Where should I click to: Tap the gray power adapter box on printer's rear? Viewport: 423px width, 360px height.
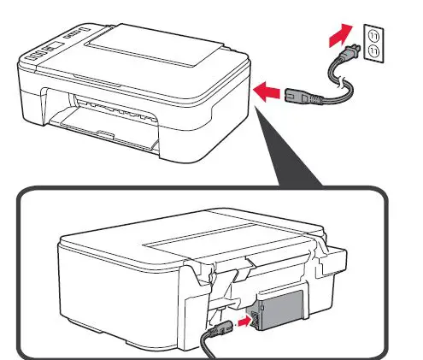pos(279,315)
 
